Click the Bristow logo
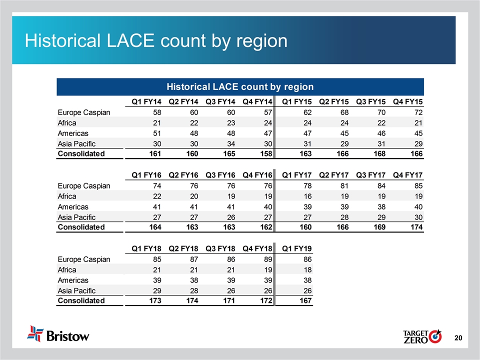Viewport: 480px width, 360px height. (x=58, y=333)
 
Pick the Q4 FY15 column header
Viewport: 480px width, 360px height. (x=408, y=102)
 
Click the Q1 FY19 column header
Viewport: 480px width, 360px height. (x=297, y=248)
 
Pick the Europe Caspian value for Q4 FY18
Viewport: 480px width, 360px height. (x=267, y=259)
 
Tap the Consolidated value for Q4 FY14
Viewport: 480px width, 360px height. (x=265, y=154)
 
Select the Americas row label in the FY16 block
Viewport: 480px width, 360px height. (x=73, y=206)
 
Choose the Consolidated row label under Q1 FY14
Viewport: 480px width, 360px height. (x=81, y=154)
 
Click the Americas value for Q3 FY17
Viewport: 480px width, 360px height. (x=380, y=206)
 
